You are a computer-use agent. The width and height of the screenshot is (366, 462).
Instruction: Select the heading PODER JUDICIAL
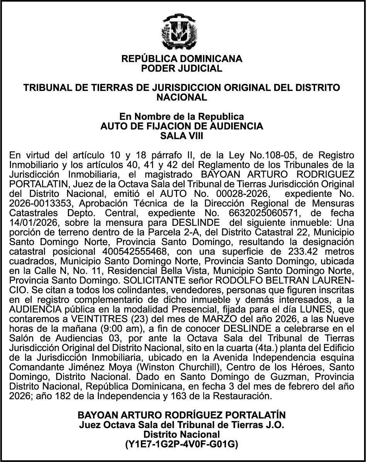pyautogui.click(x=182, y=69)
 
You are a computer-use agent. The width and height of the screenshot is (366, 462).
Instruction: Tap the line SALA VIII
pyautogui.click(x=182, y=136)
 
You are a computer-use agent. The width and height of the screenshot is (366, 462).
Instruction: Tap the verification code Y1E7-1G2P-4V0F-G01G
pyautogui.click(x=182, y=444)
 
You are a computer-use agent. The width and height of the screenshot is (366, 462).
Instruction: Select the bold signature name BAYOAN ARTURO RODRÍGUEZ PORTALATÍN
pyautogui.click(x=182, y=415)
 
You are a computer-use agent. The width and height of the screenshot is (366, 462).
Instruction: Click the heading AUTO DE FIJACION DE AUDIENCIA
pyautogui.click(x=182, y=126)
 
